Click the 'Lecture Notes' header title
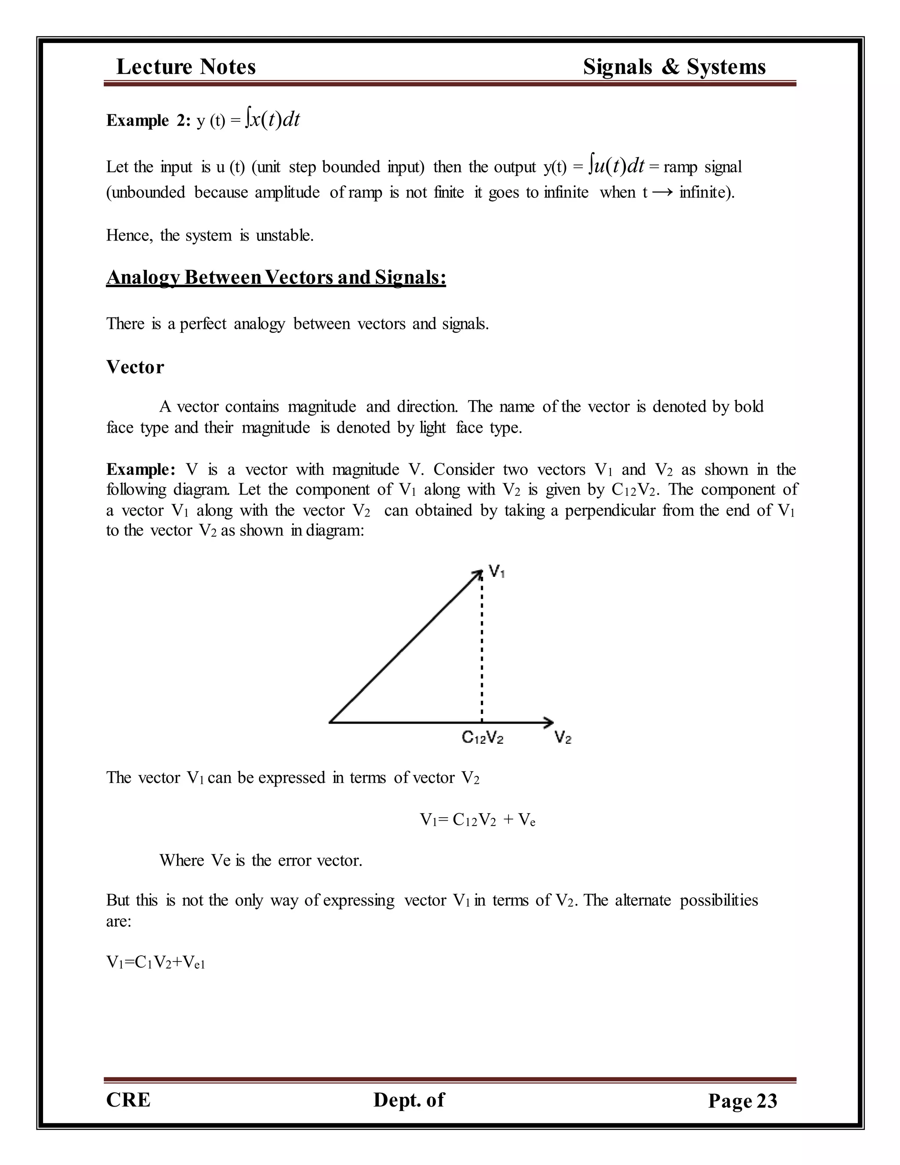pos(185,67)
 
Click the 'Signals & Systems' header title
pos(674,67)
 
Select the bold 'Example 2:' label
pos(148,121)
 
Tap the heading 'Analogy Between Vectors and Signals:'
pos(276,277)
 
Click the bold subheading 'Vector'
pos(135,367)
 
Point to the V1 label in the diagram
pos(497,572)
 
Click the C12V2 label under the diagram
pos(482,738)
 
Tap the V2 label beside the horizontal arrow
pos(562,738)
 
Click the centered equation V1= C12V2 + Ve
pos(477,820)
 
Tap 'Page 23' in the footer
pos(742,1101)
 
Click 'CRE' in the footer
pos(128,1100)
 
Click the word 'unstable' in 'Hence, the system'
pos(284,235)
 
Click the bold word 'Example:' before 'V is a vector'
pos(141,470)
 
